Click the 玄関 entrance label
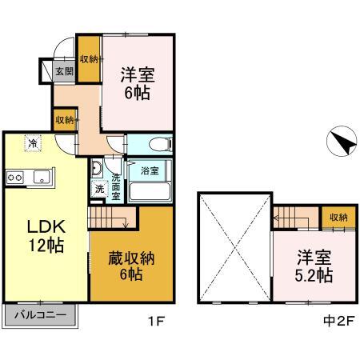(x=65, y=71)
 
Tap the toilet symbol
(x=161, y=145)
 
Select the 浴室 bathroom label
(x=150, y=170)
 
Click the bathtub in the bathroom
(x=150, y=191)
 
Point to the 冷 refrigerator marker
(x=33, y=143)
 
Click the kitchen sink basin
(x=42, y=177)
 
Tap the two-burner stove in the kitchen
(x=15, y=177)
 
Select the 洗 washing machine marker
(x=99, y=189)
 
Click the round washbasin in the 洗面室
(x=96, y=168)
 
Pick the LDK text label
(x=46, y=226)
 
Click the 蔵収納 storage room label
(x=131, y=258)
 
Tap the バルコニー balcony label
(x=40, y=315)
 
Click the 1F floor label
(x=156, y=321)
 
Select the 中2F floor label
(x=338, y=321)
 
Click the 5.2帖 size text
(x=314, y=275)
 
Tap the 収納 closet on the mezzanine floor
(x=338, y=217)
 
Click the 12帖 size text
(x=46, y=246)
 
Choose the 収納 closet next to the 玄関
(x=89, y=59)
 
